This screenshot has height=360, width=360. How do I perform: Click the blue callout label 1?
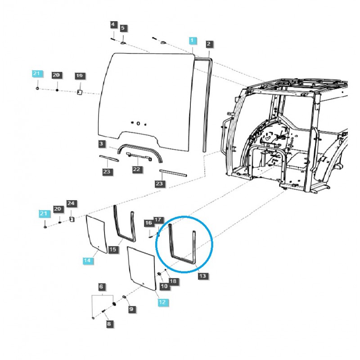[193, 40]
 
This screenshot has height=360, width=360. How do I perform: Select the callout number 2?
[209, 44]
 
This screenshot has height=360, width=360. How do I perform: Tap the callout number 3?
[102, 144]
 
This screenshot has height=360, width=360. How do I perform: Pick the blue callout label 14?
[88, 261]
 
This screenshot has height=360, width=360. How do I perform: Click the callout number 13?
[202, 276]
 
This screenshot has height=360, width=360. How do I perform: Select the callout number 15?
[112, 249]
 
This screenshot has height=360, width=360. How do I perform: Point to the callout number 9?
[131, 309]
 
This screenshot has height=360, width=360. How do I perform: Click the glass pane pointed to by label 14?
[96, 234]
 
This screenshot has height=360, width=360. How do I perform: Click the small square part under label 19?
[79, 92]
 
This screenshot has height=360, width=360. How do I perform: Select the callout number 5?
[123, 28]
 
